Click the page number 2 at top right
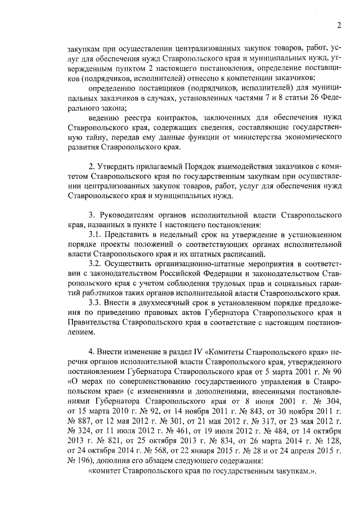tap(339, 25)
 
